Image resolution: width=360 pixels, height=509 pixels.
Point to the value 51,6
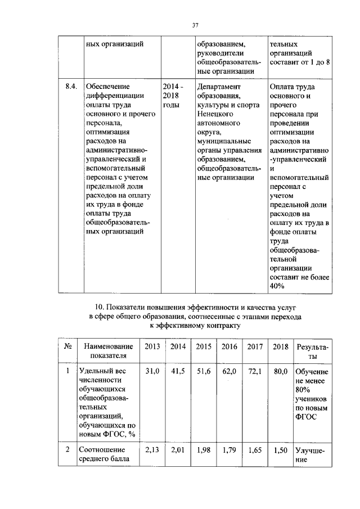[x=204, y=372]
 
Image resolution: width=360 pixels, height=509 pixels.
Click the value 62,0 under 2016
[x=229, y=372]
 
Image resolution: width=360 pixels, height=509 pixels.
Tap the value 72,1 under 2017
[x=255, y=372]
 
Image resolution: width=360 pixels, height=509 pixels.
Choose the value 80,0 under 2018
[x=280, y=372]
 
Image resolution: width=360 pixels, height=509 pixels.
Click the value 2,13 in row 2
[x=152, y=450]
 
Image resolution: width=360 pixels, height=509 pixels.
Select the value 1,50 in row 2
[x=280, y=450]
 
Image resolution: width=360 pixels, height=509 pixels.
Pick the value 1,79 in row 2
[x=229, y=450]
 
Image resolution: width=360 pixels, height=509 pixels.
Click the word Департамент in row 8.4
[x=219, y=87]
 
